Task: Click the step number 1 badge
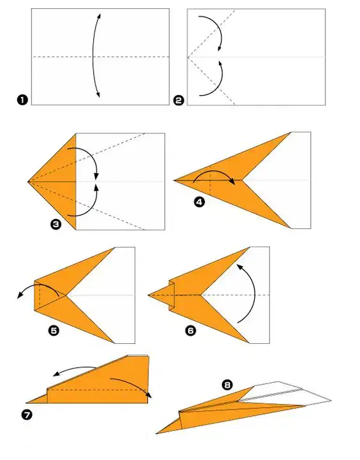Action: [22, 100]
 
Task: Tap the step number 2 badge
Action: [179, 100]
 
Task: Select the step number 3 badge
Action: [56, 225]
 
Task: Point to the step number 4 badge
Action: [200, 202]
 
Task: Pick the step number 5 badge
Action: [54, 330]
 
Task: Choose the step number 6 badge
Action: [191, 330]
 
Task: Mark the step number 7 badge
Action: [26, 415]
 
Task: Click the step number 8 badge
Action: [227, 385]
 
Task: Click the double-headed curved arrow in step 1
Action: [93, 55]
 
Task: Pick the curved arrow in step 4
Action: [214, 171]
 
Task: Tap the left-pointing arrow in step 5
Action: [38, 285]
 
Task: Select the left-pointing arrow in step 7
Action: [75, 369]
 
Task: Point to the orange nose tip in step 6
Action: [149, 295]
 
